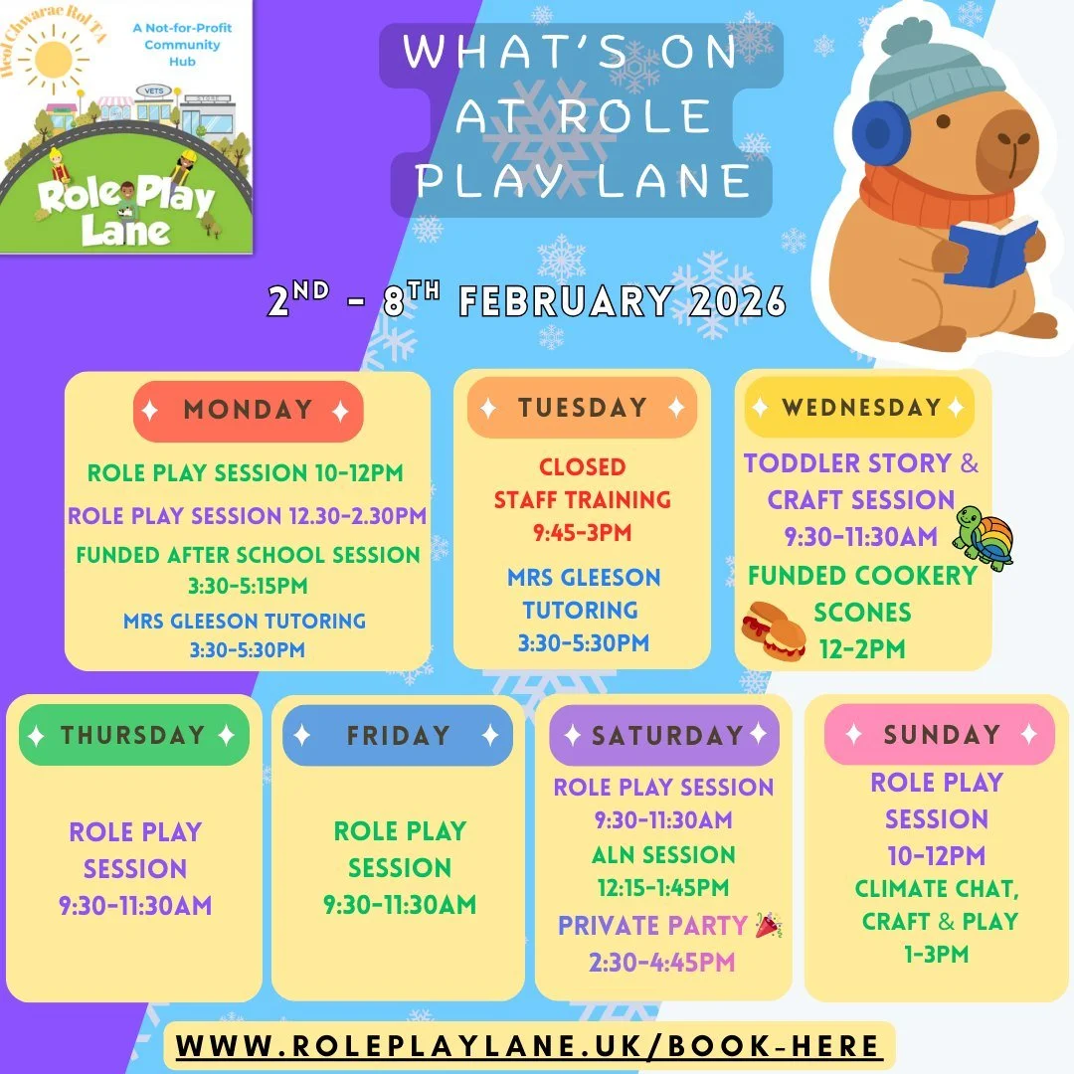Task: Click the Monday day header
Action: point(248,411)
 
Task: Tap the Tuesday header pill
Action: point(582,408)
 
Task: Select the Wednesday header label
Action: point(860,408)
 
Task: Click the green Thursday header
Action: point(133,736)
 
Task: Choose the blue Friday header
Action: point(398,736)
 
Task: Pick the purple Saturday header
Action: point(665,736)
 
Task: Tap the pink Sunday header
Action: point(940,735)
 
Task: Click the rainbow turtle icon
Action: point(984,538)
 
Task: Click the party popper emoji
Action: point(769,925)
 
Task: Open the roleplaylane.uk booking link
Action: point(528,1046)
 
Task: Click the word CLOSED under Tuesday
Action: point(582,466)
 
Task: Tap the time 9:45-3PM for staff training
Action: point(582,532)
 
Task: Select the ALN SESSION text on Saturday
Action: point(663,854)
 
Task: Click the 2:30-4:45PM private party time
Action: point(663,961)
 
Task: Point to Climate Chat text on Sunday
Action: point(937,887)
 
